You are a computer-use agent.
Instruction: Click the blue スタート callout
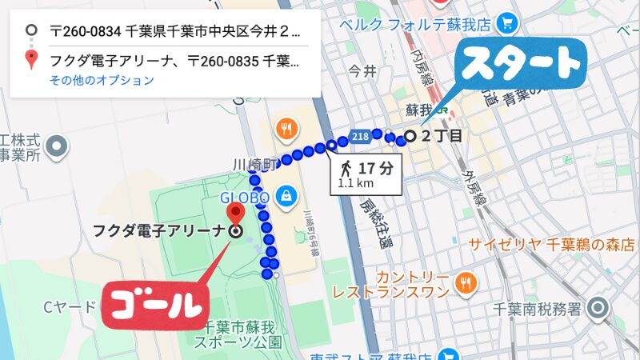[520, 62]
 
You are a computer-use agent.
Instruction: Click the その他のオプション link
[102, 80]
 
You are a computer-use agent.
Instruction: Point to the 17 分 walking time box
[366, 174]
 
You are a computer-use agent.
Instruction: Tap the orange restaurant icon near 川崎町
[286, 128]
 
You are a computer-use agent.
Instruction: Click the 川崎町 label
[254, 164]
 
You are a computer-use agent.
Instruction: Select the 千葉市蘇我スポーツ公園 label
[240, 335]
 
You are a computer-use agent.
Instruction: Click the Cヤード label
[70, 306]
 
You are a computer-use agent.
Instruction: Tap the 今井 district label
[362, 72]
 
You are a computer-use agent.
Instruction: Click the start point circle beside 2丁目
[410, 136]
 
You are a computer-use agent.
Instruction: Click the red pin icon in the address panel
[31, 59]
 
